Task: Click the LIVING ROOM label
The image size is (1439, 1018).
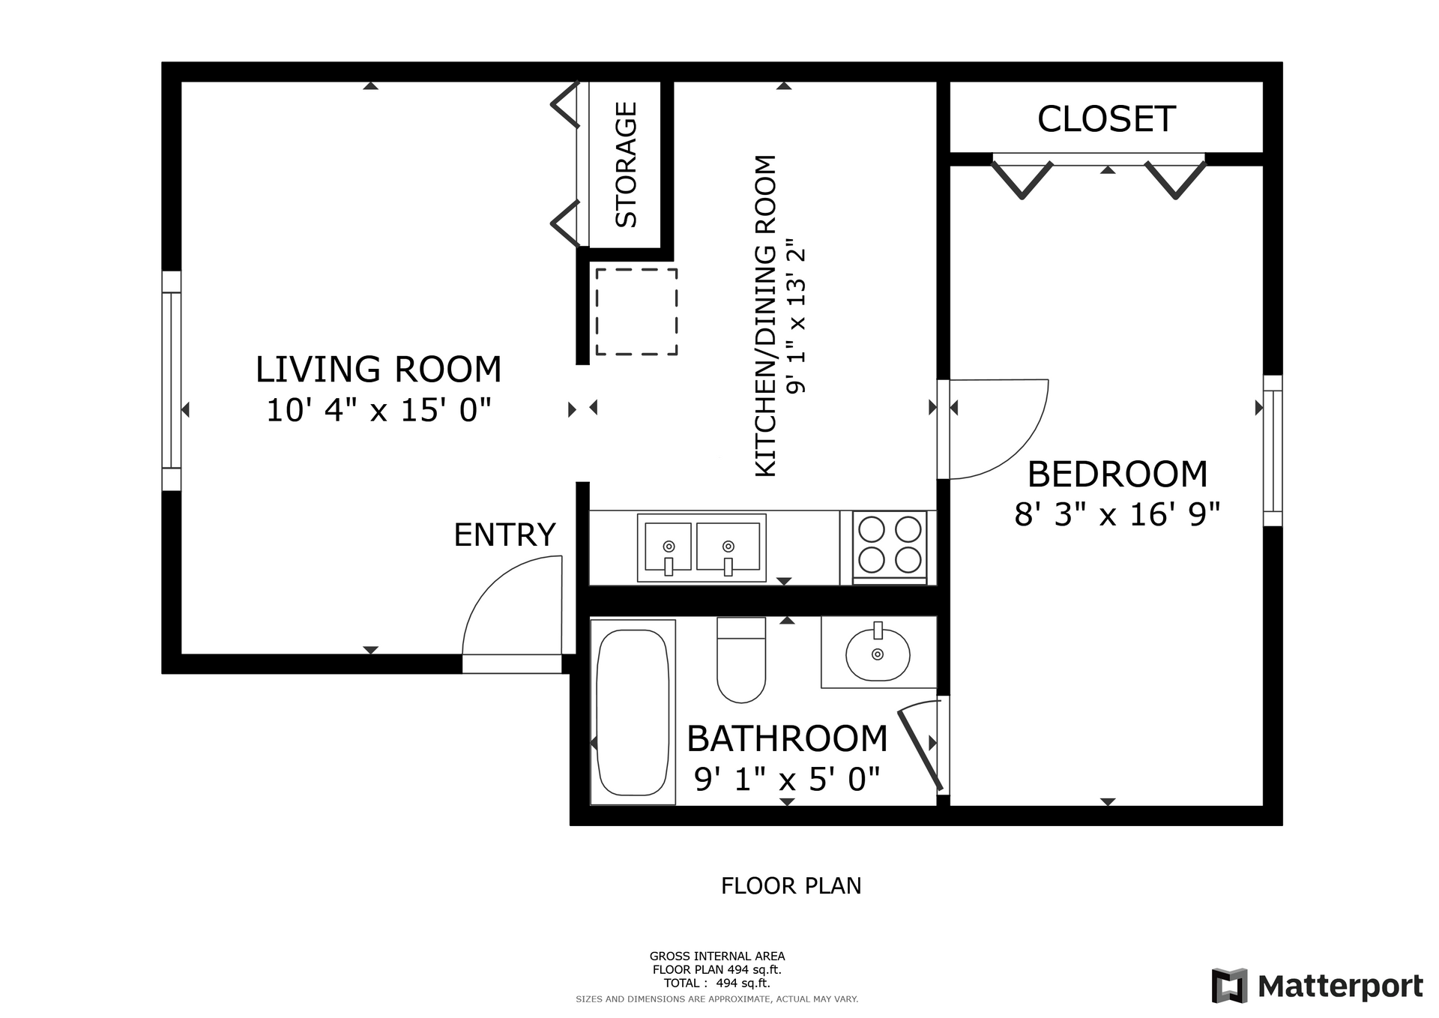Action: click(378, 370)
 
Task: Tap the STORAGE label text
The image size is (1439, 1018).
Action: click(626, 165)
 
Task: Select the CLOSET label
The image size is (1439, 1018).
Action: click(1106, 119)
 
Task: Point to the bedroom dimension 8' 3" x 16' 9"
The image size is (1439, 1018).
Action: click(1117, 515)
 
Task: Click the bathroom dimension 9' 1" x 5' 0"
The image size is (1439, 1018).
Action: click(787, 780)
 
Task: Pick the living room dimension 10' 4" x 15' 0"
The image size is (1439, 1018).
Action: click(379, 410)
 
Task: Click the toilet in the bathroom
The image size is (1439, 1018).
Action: click(741, 660)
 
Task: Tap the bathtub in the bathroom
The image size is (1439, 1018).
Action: click(633, 711)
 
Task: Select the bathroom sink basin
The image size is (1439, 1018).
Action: click(878, 654)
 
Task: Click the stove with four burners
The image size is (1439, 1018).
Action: click(890, 547)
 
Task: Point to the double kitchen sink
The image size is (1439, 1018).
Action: click(702, 547)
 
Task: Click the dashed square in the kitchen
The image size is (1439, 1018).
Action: click(636, 311)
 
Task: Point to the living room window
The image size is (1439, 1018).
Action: click(172, 381)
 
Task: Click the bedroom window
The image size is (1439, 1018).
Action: click(1273, 451)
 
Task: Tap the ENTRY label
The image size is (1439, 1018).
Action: click(504, 535)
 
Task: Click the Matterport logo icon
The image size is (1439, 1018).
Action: click(1230, 986)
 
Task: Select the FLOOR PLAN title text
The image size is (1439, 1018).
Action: click(791, 886)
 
